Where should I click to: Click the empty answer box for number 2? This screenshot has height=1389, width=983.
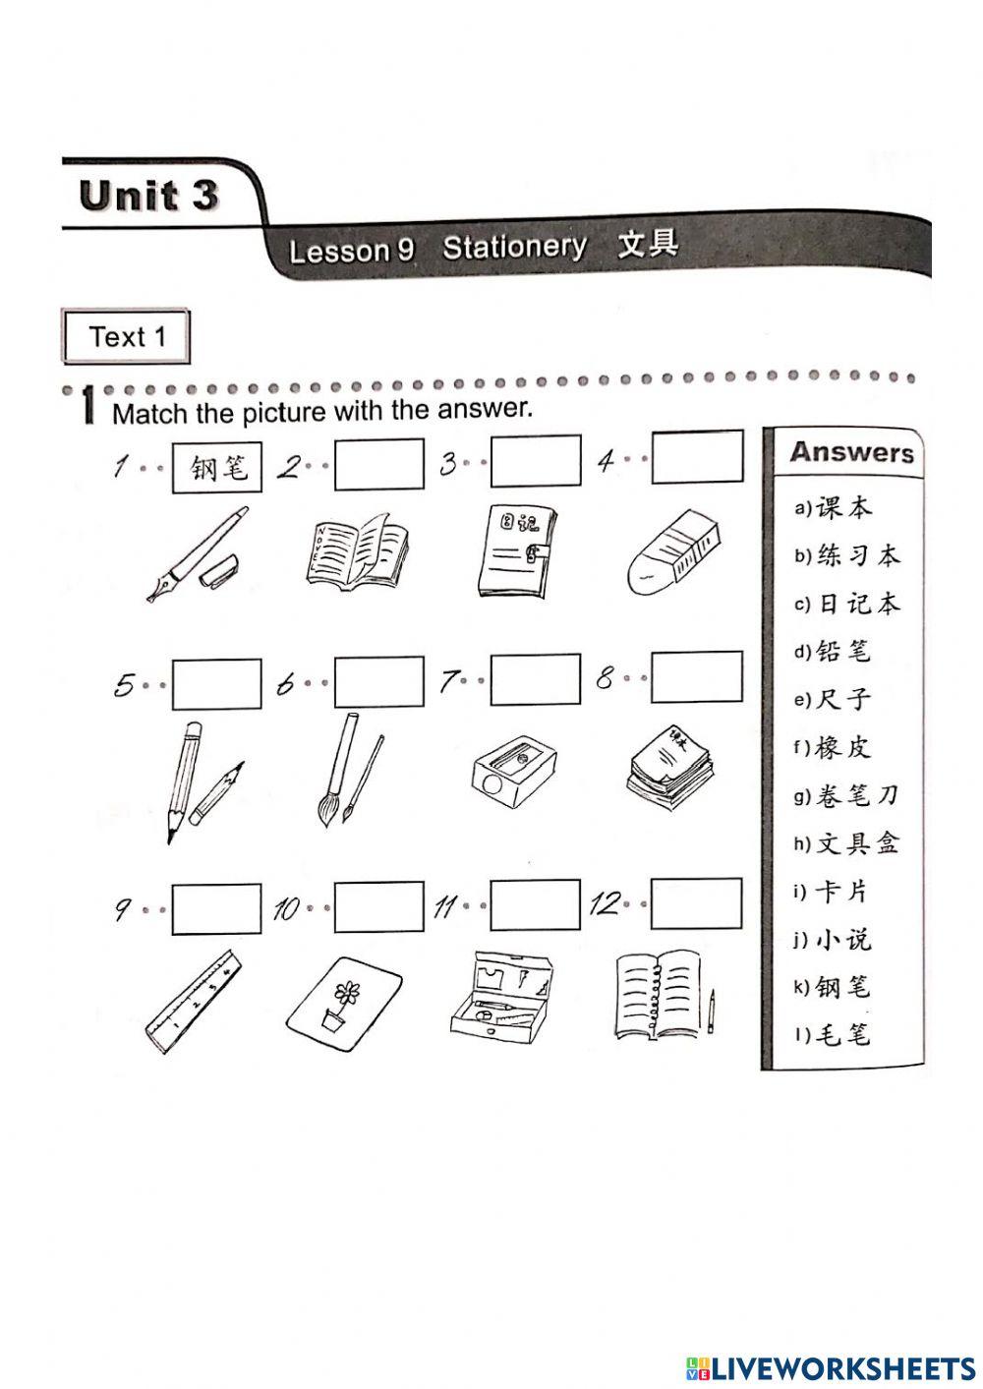pos(378,464)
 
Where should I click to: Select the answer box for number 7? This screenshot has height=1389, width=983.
pos(535,680)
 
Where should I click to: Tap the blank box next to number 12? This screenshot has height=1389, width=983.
pos(696,903)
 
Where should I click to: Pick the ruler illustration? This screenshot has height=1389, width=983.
pos(195,1002)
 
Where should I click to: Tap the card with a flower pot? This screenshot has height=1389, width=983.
pos(345,1008)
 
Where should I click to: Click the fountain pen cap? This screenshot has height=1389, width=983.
pos(218,571)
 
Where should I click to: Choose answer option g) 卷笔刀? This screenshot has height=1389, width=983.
pos(846,795)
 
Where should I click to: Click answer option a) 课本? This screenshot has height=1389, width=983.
pos(834,508)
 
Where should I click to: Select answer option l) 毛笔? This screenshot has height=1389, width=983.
pos(833,1034)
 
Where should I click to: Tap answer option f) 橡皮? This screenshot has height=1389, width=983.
pos(833,747)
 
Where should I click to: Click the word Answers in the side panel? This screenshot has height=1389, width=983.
pos(851,453)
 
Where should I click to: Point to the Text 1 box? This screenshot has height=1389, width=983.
pos(126,337)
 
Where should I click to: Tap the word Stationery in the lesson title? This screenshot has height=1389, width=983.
pos(514,247)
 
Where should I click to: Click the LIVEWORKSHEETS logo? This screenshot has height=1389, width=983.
pos(831,1367)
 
